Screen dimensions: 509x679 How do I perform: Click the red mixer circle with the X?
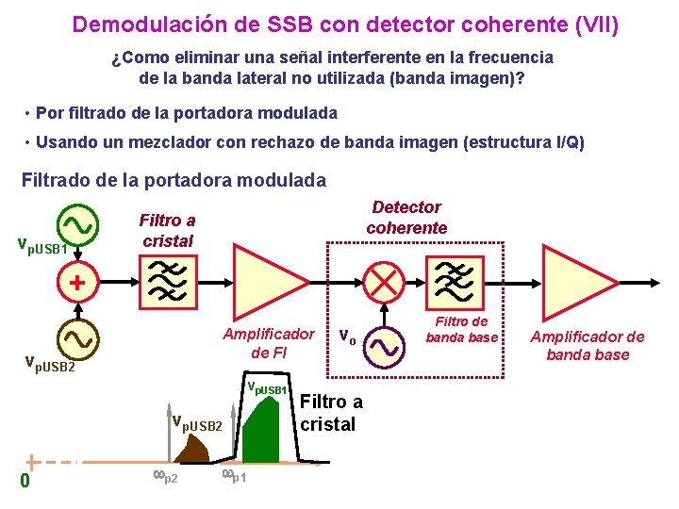[x=385, y=281]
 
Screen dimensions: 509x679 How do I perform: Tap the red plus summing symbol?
[x=76, y=282]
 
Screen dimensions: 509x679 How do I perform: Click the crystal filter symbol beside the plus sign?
[x=168, y=281]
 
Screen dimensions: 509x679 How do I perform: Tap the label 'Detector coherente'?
[x=406, y=218]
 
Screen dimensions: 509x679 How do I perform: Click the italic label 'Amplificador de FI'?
[x=268, y=343]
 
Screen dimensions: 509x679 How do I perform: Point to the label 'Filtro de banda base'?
[x=462, y=329]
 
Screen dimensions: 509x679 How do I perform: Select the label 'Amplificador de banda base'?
[x=588, y=345]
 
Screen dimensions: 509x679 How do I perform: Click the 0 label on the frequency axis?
[x=25, y=481]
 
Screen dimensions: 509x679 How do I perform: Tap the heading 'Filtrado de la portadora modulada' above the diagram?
[x=174, y=179]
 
